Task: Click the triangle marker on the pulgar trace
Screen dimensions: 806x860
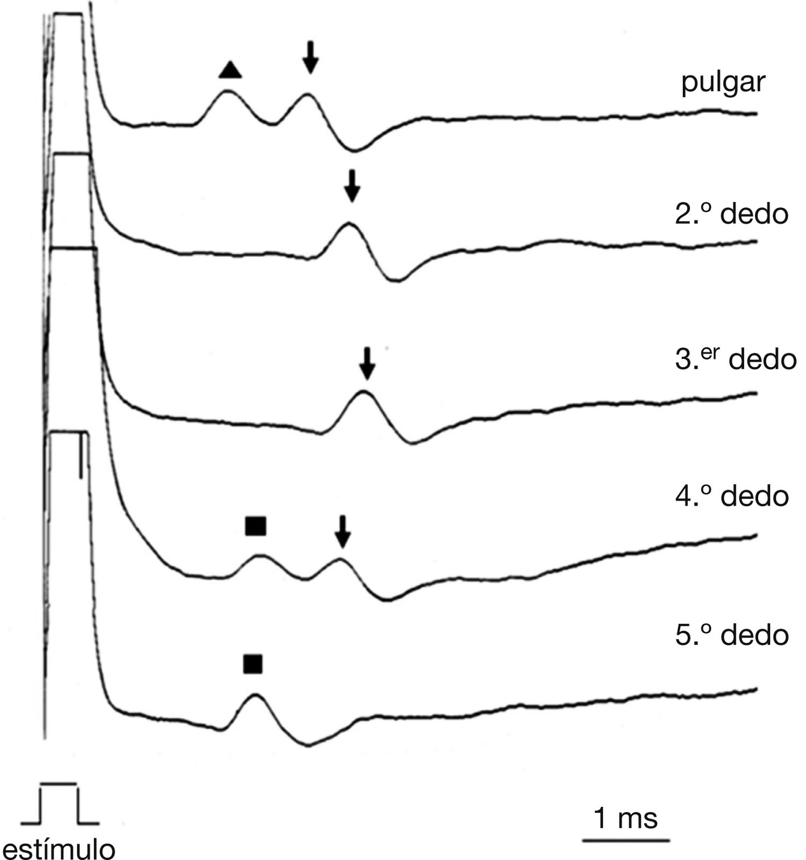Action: (230, 70)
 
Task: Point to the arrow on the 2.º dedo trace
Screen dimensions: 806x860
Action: (352, 185)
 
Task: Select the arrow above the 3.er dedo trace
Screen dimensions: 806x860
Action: (367, 363)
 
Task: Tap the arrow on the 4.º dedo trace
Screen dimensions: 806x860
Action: (342, 532)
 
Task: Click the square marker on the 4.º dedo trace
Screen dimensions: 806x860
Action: (256, 526)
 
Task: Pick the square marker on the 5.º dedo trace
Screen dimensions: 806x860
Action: (253, 664)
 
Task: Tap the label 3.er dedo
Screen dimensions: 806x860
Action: (735, 359)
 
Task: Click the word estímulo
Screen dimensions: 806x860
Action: (59, 849)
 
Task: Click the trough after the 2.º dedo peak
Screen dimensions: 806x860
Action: (397, 279)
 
